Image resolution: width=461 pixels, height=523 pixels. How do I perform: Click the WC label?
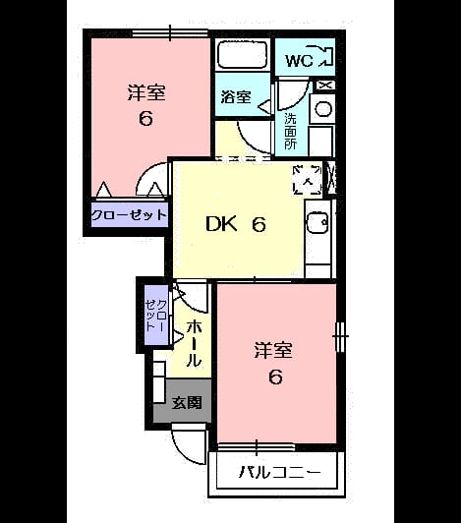point(299,61)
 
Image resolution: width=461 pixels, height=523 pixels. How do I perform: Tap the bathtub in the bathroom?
point(243,55)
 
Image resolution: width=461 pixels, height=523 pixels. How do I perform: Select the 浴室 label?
point(236,97)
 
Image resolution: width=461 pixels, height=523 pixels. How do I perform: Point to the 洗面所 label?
point(290,132)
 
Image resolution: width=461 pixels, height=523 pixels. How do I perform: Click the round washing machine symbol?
point(323,109)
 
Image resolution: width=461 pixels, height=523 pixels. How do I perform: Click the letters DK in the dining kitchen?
point(221,224)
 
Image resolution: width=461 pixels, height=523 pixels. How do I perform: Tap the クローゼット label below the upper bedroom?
point(129,214)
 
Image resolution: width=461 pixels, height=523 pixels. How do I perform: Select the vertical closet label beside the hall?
point(156,315)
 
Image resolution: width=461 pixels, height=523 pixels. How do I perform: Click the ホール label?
point(194,344)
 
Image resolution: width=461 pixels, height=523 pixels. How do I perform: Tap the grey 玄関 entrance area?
point(183,401)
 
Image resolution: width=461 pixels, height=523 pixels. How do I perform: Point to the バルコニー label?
point(280,472)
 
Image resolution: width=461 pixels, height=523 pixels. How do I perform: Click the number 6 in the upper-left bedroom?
point(145,118)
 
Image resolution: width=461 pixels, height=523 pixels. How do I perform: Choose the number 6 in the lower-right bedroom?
point(275,377)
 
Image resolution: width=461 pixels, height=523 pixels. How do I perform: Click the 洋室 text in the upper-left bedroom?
point(146,93)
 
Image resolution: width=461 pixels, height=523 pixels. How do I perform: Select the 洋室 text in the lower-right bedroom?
point(273,350)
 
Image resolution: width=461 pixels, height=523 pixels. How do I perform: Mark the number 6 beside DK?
point(259,224)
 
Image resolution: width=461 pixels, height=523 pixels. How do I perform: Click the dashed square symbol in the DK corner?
point(308,180)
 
